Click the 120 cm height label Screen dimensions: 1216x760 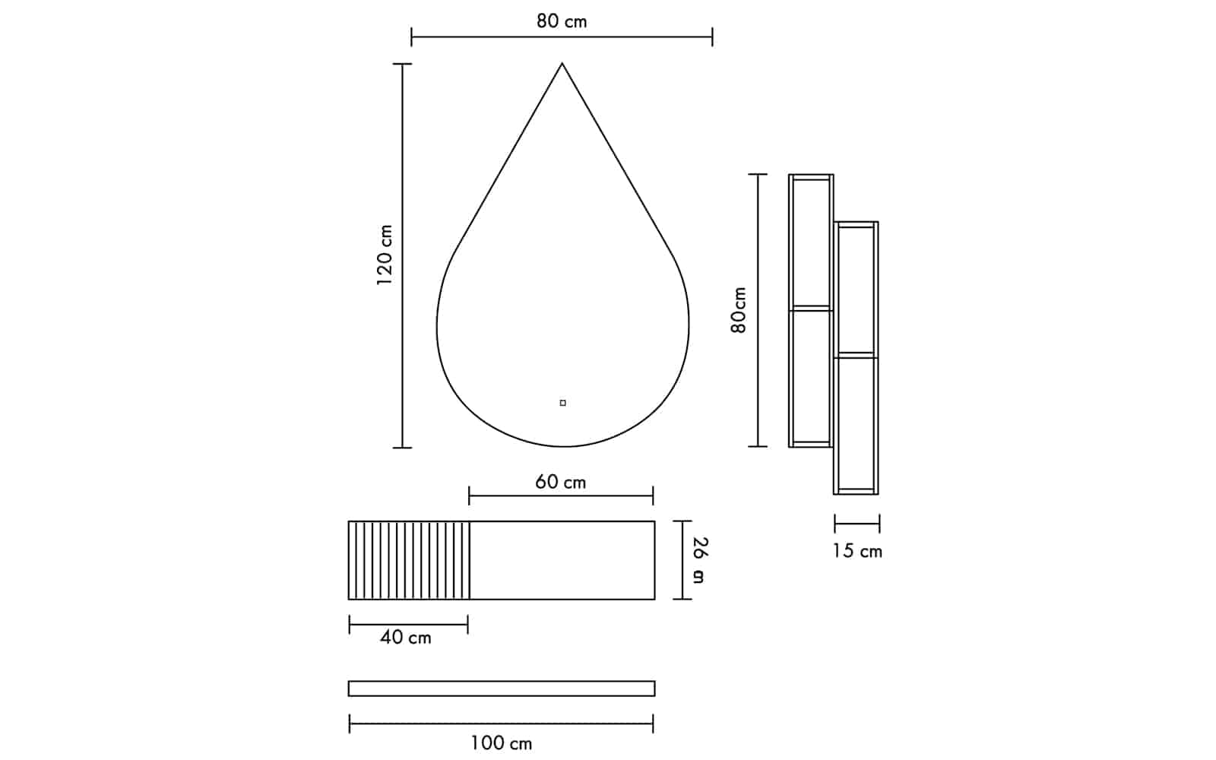point(385,255)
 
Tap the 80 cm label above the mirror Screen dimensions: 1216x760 point(562,21)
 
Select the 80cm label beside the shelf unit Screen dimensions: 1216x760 point(739,310)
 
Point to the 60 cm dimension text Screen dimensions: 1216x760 point(561,482)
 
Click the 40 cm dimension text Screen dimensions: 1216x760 point(406,638)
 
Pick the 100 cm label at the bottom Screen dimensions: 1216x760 point(501,743)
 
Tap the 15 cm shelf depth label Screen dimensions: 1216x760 point(858,552)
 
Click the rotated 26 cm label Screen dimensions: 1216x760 point(700,560)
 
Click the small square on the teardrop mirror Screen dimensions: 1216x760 point(563,403)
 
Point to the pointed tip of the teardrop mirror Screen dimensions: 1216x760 point(562,64)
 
